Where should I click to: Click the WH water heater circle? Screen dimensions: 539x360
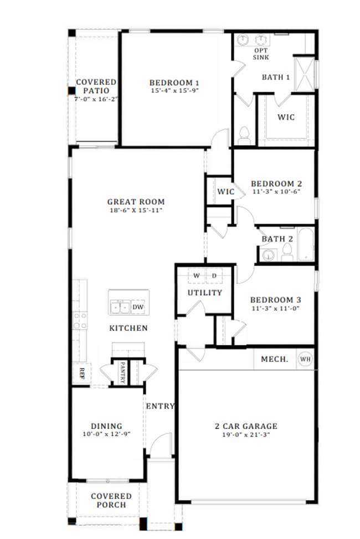pos(305,359)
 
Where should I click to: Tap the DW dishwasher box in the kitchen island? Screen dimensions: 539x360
pos(137,307)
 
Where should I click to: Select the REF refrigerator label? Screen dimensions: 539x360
pos(81,373)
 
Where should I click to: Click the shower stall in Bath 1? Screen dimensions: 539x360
pos(304,74)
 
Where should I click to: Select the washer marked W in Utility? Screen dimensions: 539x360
pos(196,276)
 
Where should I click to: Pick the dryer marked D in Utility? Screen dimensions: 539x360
pos(214,276)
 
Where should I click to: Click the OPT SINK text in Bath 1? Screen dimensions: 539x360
pos(261,53)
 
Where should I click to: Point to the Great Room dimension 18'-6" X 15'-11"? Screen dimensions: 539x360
pos(136,211)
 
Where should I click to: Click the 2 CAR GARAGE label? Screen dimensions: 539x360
pos(246,426)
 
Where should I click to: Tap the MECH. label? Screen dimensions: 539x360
pos(274,359)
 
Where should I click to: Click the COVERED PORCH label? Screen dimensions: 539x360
pos(111,500)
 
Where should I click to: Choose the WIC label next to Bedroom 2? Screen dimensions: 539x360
pos(225,192)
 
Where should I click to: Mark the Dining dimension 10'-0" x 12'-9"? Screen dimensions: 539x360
pos(106,434)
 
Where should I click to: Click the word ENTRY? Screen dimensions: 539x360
pos(160,406)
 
